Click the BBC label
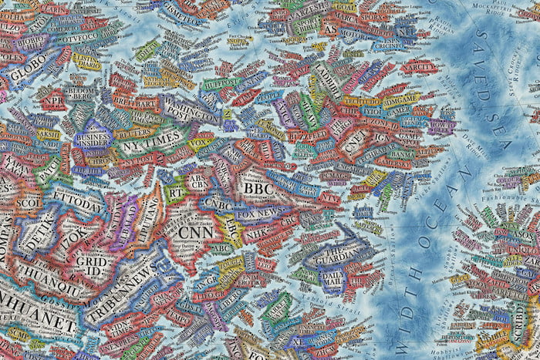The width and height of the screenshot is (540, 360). [254, 187]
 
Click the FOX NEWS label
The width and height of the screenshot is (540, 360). [259, 212]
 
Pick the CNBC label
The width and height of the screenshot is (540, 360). [218, 204]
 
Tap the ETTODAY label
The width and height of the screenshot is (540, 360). [78, 204]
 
